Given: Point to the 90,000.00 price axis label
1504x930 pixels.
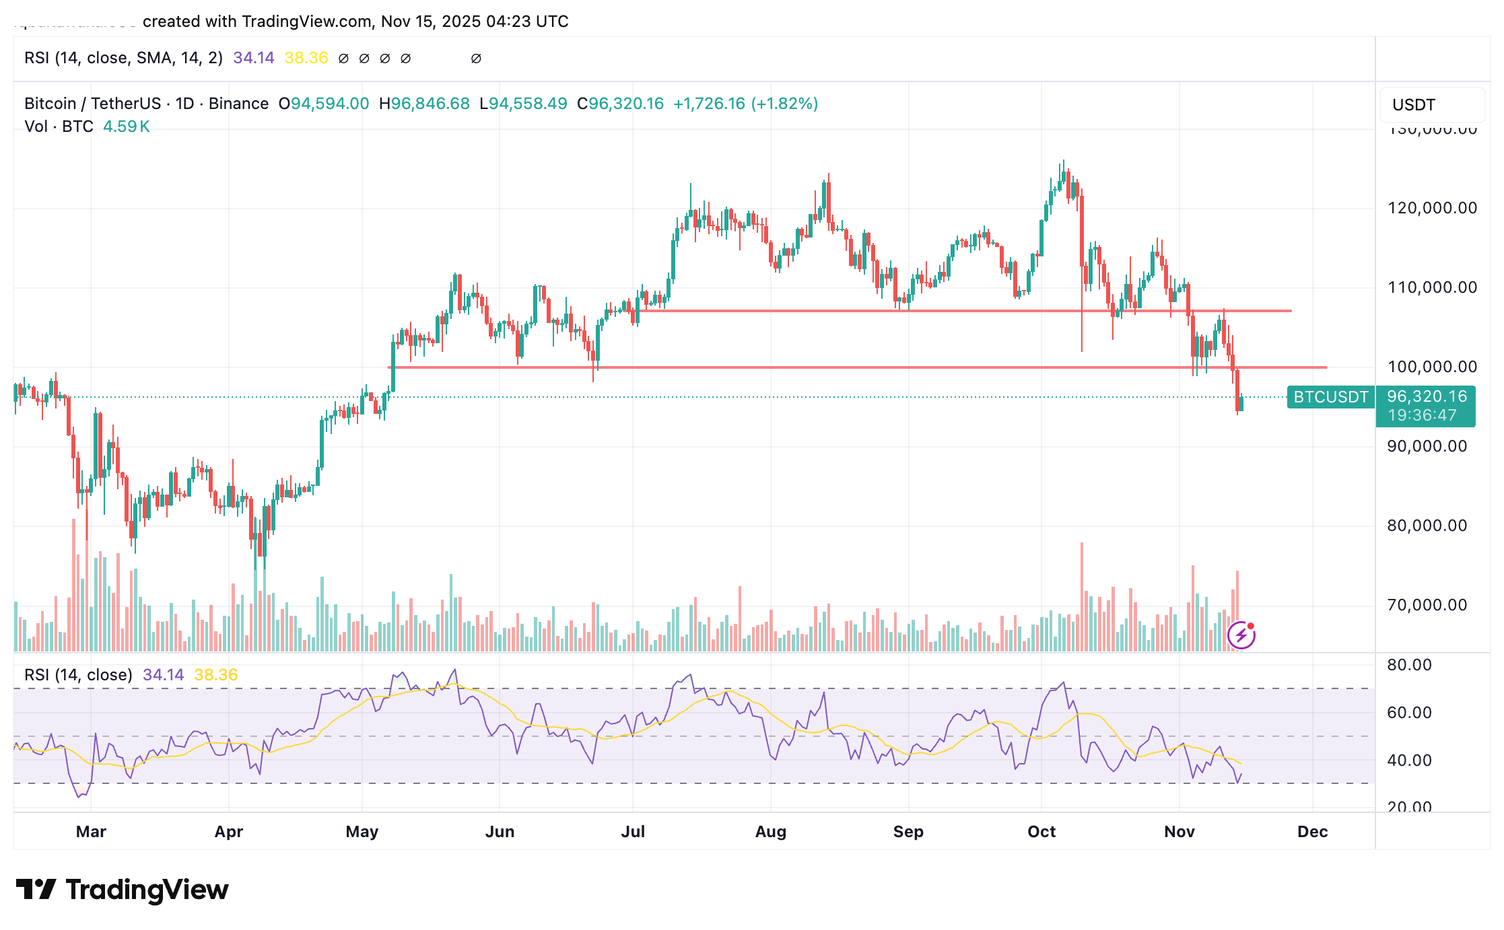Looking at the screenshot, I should [1427, 446].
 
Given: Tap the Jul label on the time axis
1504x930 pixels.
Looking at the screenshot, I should [633, 832].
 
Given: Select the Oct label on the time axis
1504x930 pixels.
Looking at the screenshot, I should [1041, 832].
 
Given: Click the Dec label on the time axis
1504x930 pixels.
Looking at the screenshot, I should [1312, 832].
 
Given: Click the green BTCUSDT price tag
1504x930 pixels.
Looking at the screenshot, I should [1330, 397].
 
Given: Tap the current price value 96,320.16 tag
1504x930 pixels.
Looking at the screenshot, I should [1426, 396].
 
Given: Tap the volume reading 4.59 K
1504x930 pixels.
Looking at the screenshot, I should [126, 127].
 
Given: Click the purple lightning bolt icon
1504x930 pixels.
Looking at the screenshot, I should [1241, 635].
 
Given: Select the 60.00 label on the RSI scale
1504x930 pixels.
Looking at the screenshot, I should [1409, 713].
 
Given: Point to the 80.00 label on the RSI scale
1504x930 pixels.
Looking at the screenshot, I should [1409, 665].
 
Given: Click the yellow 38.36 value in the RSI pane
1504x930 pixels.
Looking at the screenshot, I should [215, 675].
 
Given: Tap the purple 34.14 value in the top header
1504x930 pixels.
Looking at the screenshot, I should [253, 58].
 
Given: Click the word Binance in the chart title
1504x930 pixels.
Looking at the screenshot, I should [238, 104].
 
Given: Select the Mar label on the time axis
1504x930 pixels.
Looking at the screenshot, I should [91, 832].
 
